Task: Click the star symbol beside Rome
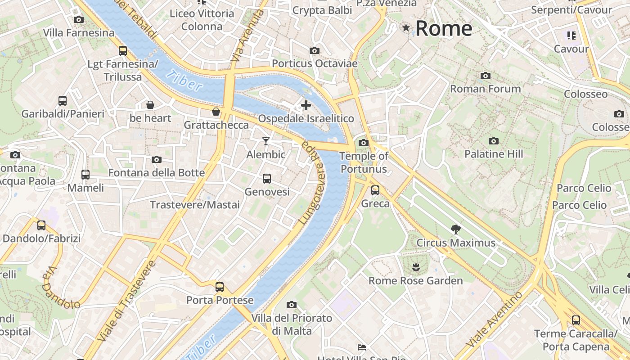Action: pos(406,28)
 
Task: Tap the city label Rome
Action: pos(444,28)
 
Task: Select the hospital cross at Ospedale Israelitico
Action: pos(306,106)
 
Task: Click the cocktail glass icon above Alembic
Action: pos(266,141)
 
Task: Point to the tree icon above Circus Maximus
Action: pos(456,229)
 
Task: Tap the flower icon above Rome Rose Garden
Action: pos(416,268)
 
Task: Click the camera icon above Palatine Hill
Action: pos(494,141)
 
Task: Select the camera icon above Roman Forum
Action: pos(486,76)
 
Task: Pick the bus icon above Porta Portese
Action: pos(220,287)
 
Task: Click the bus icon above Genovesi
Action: pos(267,179)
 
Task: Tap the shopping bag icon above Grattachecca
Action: pos(216,112)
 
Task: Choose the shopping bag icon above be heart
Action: pos(150,105)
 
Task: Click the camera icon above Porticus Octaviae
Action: pos(315,50)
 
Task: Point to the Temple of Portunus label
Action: pos(364,162)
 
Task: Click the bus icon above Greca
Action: pos(375,190)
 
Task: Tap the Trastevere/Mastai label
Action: pos(195,205)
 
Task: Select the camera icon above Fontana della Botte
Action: pos(157,159)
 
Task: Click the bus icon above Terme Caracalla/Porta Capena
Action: pos(576,320)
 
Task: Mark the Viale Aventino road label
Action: pos(495,319)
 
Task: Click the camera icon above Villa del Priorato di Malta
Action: pos(292,305)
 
